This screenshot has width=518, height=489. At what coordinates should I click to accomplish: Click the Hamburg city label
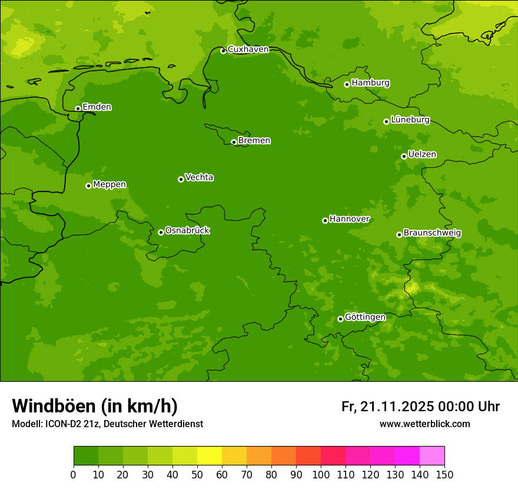pos(370,83)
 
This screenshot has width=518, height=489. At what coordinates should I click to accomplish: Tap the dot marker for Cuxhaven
pos(223,51)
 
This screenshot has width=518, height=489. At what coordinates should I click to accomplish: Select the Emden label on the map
pos(97,107)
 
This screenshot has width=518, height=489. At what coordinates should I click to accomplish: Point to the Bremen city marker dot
pos(234,142)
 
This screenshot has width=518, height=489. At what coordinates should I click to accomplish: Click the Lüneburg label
pos(410,120)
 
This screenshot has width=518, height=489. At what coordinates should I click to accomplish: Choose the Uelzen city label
pos(422,154)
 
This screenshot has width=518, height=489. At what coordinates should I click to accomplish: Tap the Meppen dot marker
pos(88,186)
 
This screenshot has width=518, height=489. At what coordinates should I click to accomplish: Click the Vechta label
pos(199,177)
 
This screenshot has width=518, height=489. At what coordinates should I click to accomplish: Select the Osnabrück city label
pos(187,230)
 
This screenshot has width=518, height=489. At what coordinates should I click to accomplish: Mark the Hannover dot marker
pos(325,220)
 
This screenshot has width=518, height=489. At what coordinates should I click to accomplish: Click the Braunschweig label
pos(432,233)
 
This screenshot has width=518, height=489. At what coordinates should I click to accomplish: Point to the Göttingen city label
pos(365,317)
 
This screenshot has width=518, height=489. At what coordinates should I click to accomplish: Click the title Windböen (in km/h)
pos(95,406)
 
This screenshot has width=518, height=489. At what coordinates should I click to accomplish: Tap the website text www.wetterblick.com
pos(424,424)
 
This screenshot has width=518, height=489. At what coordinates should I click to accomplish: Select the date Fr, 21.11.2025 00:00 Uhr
pos(420,407)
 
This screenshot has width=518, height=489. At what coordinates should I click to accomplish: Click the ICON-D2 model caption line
pos(107,424)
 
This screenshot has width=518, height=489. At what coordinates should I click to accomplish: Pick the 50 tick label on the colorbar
pos(197,474)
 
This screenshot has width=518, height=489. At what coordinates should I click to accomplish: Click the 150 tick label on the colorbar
pos(444,474)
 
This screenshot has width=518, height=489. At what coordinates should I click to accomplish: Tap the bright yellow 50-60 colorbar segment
pos(210,456)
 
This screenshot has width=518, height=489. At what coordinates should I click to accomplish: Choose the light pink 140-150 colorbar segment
pos(432,456)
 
